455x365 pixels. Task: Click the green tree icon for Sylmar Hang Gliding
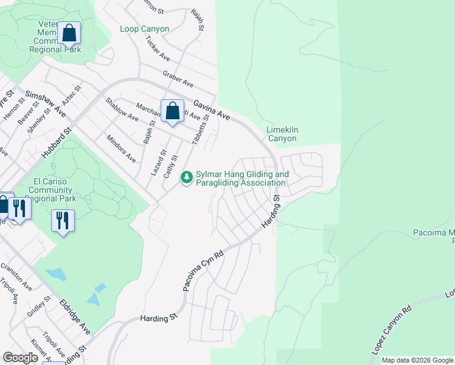coord(186,178)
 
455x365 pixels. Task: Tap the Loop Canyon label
coord(145,29)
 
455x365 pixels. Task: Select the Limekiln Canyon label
coord(282,134)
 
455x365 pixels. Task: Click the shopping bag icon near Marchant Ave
coord(172,111)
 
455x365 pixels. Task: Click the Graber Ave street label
coord(178,78)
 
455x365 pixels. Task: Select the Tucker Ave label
coord(158,48)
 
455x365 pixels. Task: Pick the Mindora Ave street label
coord(121,148)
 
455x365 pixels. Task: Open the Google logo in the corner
coord(21,358)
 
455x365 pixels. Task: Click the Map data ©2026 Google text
coord(417,360)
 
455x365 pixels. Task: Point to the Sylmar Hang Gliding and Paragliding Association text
coord(242,178)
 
